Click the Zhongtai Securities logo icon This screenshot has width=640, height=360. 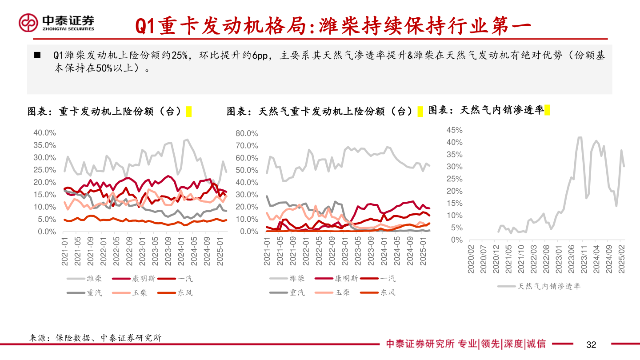(28, 23)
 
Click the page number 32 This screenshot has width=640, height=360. (591, 344)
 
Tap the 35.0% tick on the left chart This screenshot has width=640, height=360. (44, 145)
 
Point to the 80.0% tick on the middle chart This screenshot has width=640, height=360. (247, 133)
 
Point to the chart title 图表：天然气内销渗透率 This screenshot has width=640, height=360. (486, 110)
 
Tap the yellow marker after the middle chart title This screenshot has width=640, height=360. (420, 111)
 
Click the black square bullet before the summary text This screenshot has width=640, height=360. (38, 56)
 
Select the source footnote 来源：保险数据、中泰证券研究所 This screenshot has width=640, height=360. (95, 338)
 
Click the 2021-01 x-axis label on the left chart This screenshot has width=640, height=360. (65, 251)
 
